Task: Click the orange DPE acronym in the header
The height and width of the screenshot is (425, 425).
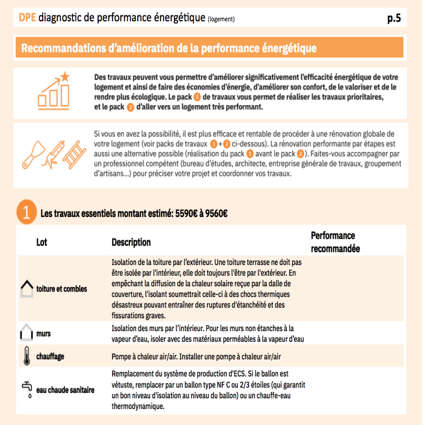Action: coord(27,18)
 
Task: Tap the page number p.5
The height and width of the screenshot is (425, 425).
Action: coord(394,18)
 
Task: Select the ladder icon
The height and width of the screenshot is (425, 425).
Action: coord(74,155)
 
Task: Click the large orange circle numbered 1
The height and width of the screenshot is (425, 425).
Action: coord(27,212)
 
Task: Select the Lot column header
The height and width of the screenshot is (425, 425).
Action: coord(42,242)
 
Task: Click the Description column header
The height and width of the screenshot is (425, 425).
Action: coord(131,242)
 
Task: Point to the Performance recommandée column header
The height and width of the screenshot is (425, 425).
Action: coord(335,242)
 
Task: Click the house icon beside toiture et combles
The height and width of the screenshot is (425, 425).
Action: coord(27,288)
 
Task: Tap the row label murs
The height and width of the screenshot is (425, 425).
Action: coord(43,334)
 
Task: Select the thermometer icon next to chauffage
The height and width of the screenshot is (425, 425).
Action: coord(27,356)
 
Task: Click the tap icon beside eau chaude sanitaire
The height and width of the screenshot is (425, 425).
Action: coord(27,389)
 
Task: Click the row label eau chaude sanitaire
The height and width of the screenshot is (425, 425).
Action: coord(65,390)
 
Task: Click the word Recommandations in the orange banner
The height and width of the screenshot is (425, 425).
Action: coord(63,48)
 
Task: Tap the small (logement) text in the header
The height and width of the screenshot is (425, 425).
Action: coord(221,19)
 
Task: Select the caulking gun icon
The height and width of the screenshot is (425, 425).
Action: coord(54,155)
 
